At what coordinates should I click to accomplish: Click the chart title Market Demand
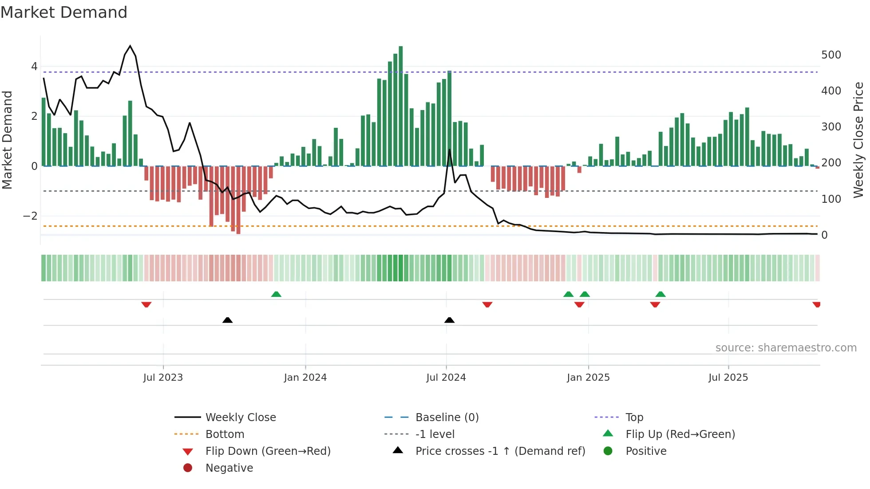[64, 12]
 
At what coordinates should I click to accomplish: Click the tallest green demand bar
[400, 106]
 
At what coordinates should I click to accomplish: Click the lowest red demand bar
[238, 200]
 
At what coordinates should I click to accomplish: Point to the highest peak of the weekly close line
[130, 46]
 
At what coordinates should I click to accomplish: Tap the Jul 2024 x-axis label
[446, 378]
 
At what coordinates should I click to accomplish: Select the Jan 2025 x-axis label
[588, 378]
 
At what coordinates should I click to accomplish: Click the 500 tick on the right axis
[831, 55]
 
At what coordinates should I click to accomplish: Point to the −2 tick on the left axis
[30, 216]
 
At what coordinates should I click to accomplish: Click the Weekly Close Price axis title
[858, 140]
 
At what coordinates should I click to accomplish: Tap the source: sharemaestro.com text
[786, 348]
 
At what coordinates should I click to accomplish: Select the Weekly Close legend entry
[240, 418]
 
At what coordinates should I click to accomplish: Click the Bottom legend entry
[225, 434]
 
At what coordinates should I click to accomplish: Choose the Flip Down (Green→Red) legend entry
[268, 451]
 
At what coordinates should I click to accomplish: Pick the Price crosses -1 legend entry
[500, 451]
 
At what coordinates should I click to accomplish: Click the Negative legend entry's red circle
[188, 468]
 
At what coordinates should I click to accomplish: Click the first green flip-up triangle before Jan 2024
[276, 294]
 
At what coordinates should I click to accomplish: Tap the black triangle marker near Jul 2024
[449, 320]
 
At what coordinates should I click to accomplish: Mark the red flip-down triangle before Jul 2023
[146, 304]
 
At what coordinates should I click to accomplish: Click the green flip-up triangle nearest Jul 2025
[660, 294]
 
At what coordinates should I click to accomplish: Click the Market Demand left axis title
[8, 140]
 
